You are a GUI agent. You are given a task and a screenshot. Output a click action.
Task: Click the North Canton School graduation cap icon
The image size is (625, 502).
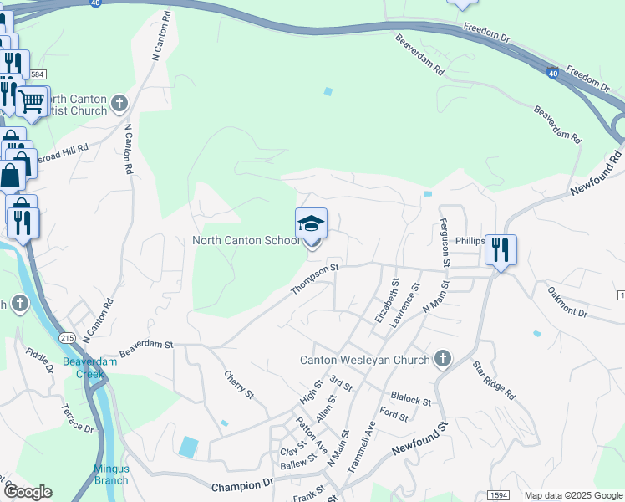coord(311,224)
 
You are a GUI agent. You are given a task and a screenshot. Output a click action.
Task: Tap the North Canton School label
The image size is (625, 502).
coord(245,241)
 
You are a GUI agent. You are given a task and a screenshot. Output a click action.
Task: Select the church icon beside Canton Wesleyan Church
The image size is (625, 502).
coord(442,360)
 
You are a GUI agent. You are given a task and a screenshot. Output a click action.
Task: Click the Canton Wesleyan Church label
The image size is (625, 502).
coord(365,361)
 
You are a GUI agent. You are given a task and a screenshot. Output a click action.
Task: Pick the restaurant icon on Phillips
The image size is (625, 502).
coord(501,248)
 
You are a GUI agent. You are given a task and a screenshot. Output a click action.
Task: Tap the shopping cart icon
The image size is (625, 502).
coord(32,102)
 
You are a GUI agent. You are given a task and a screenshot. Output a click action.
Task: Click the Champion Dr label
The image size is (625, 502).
coord(242,485)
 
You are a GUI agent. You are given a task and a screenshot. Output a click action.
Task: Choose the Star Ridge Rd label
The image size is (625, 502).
coord(494,380)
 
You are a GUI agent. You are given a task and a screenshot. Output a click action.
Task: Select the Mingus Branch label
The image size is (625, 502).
coord(110,474)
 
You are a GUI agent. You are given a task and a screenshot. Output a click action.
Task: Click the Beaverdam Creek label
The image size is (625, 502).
coord(84,368)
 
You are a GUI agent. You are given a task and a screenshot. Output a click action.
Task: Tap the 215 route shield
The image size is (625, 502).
coord(68,336)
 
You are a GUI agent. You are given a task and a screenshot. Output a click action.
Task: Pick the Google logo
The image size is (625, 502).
coord(27,492)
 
